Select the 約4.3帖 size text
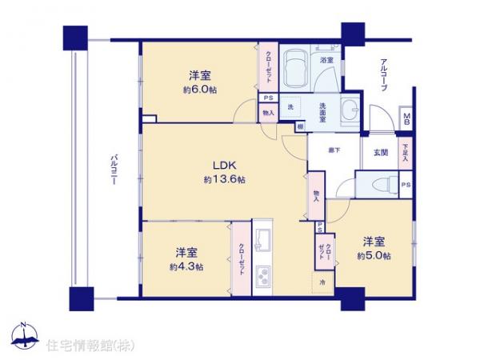pyautogui.click(x=186, y=266)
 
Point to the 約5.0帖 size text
pyautogui.click(x=374, y=255)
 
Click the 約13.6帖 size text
pyautogui.click(x=224, y=180)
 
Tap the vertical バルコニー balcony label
pyautogui.click(x=114, y=170)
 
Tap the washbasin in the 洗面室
pyautogui.click(x=350, y=111)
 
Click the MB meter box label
pyautogui.click(x=406, y=120)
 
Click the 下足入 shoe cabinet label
pyautogui.click(x=406, y=153)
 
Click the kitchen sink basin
pyautogui.click(x=263, y=238)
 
